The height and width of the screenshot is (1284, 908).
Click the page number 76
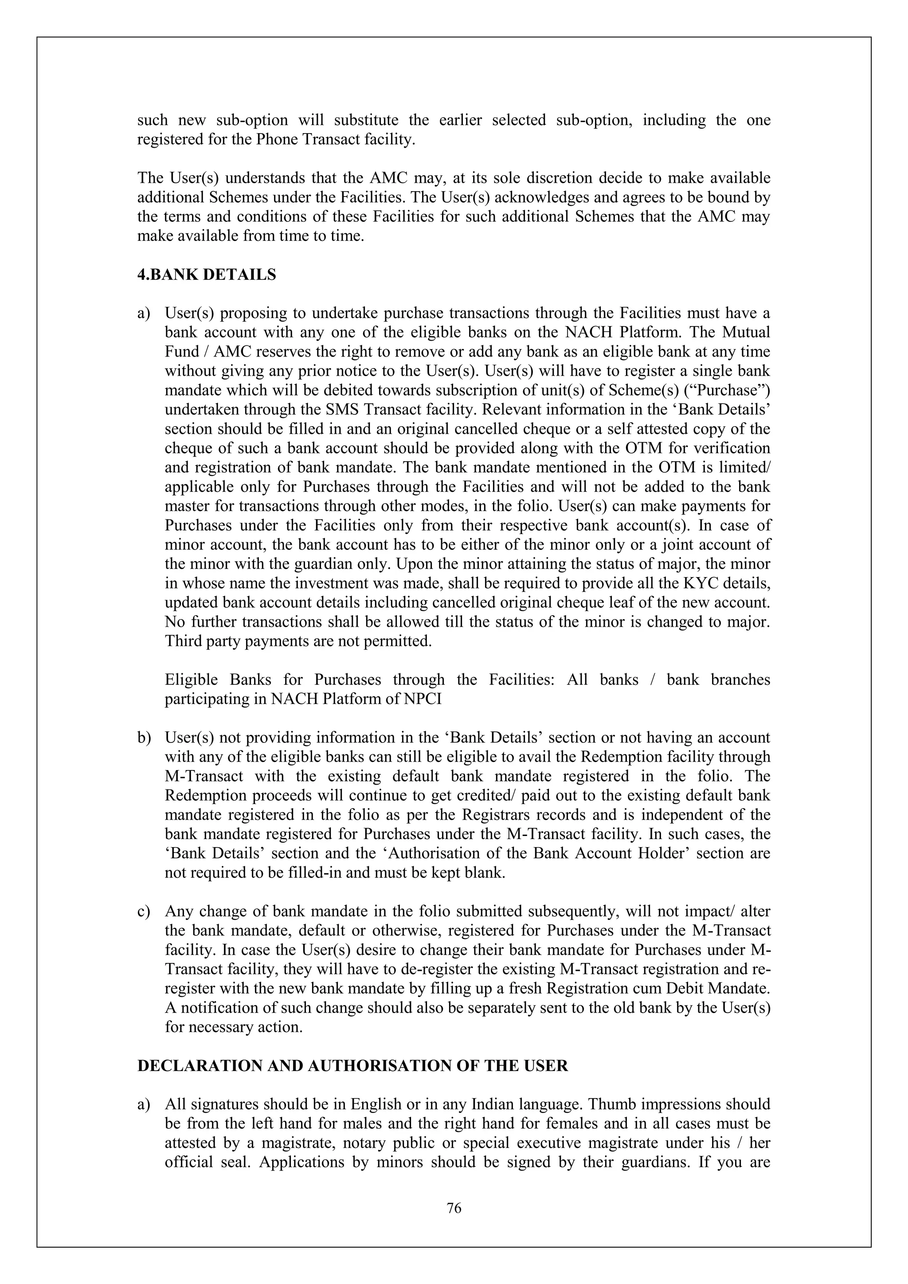coord(454,1209)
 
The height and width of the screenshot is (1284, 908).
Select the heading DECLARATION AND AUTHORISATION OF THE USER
coord(352,1066)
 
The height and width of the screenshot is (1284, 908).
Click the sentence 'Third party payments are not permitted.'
coord(298,641)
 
